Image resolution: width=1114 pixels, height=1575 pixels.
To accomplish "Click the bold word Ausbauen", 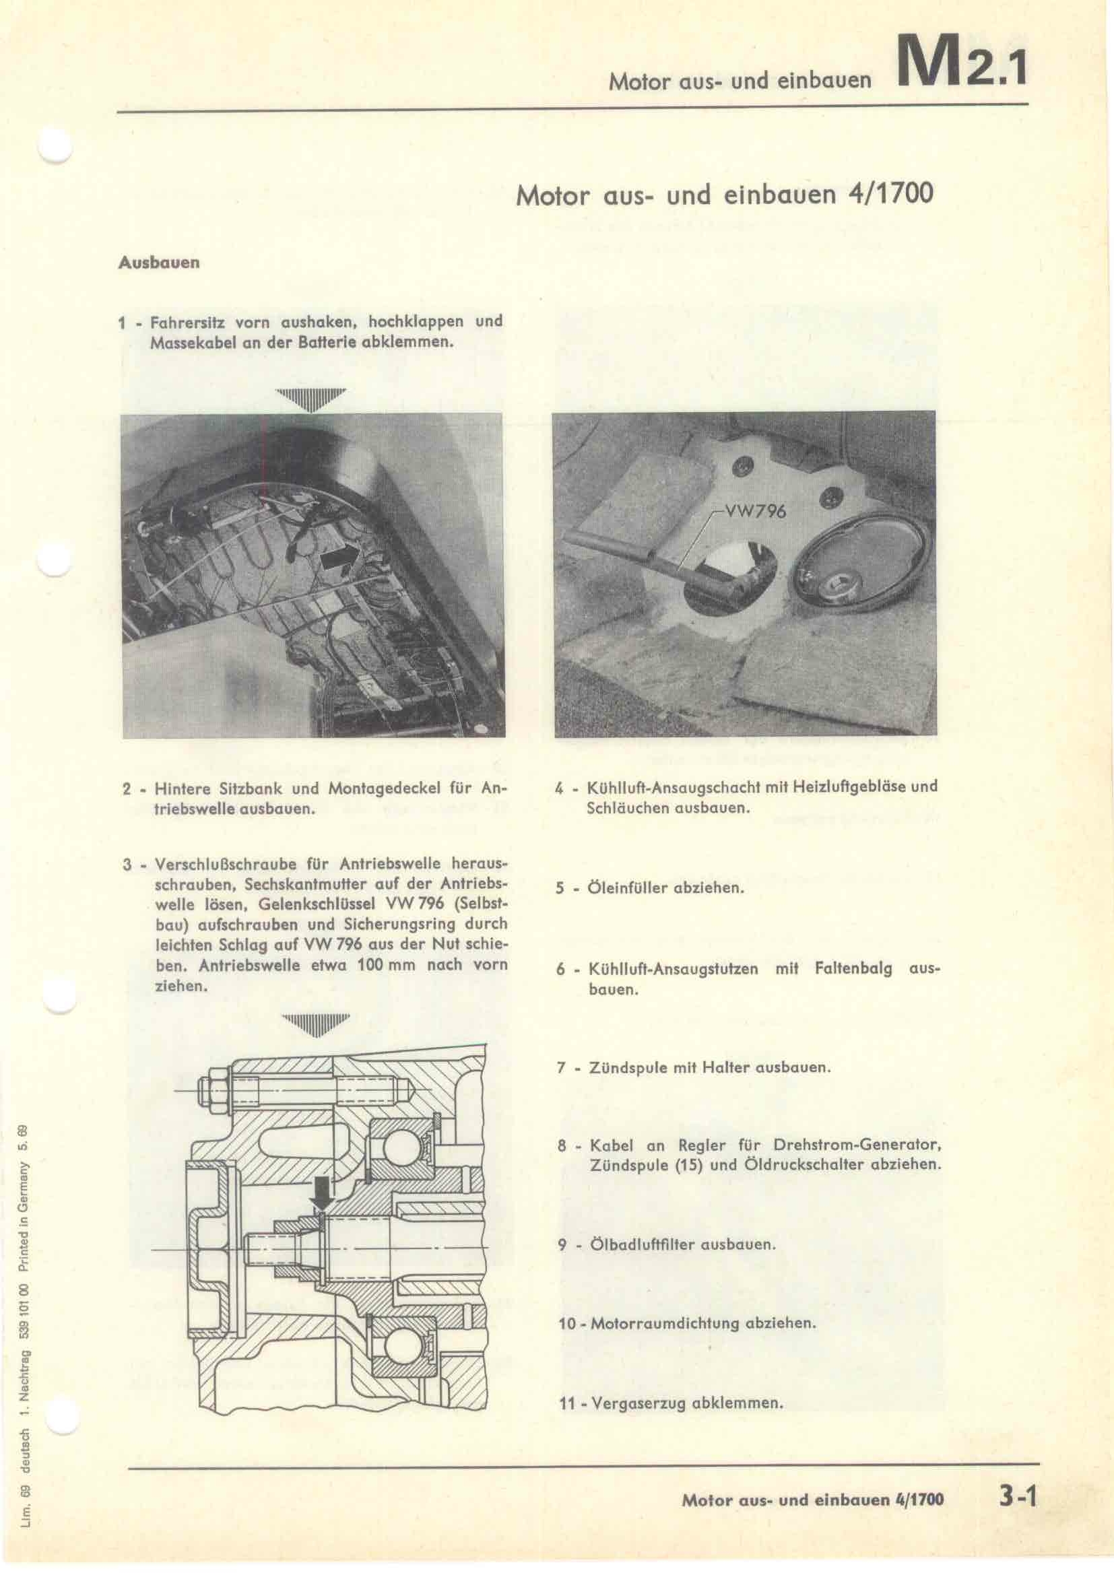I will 159,263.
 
